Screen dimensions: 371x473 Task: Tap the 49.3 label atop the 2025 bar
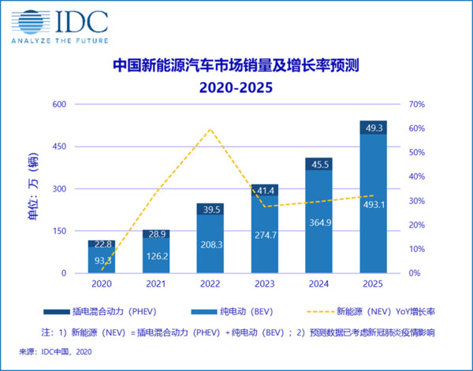pos(373,128)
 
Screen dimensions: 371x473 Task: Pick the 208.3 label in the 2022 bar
pos(210,246)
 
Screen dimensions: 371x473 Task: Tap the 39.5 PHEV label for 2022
pos(210,210)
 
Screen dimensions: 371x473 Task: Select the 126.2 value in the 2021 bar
pos(155,256)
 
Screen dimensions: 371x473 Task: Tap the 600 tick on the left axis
pos(59,104)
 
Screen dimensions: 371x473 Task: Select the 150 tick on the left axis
pos(59,231)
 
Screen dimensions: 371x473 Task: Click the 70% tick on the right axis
pos(417,104)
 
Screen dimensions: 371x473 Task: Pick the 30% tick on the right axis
pos(417,201)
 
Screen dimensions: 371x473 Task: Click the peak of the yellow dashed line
pos(210,129)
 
